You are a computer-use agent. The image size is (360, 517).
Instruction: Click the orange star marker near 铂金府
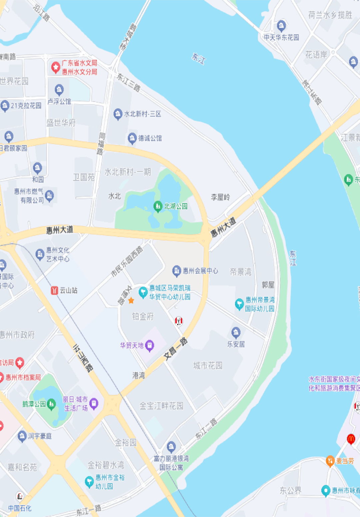[x=131, y=301]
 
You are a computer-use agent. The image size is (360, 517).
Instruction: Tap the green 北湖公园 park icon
[x=158, y=206]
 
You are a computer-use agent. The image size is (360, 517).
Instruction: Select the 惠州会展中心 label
[x=200, y=271]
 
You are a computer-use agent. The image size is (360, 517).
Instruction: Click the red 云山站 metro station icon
[x=54, y=290]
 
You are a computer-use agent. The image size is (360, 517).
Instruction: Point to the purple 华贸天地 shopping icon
[x=150, y=346]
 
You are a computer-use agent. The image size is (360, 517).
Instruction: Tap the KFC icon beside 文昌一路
[x=179, y=321]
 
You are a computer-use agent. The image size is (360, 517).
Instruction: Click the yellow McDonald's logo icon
[x=351, y=439]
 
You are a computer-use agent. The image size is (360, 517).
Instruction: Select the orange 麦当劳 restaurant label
[x=345, y=461]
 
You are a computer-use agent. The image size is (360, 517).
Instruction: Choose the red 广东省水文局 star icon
[x=56, y=67]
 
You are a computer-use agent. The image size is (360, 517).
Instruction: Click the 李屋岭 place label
[x=220, y=197]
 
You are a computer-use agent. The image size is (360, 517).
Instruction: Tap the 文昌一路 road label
[x=176, y=349]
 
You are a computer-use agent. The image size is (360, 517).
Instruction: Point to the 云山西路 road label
[x=83, y=358]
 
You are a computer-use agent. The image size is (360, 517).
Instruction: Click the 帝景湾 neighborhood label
[x=240, y=272]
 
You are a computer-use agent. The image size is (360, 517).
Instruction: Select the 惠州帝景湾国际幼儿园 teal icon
[x=239, y=304]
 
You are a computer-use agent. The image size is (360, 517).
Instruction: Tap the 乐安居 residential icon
[x=236, y=332]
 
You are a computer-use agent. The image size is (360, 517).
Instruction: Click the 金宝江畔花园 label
[x=161, y=406]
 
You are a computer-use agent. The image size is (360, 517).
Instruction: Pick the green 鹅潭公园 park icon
[x=51, y=404]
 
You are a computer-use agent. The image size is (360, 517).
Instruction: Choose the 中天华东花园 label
[x=281, y=37]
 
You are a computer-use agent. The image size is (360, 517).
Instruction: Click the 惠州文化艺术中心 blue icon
[x=40, y=254]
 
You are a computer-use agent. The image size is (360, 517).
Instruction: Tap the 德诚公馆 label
[x=150, y=138]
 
